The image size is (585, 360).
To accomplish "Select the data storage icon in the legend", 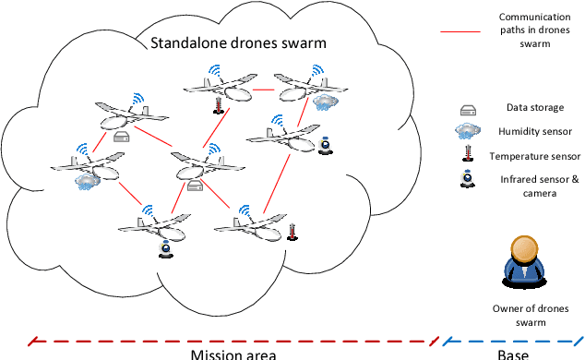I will (468, 109).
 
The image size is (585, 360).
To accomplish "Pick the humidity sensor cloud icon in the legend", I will (468, 131).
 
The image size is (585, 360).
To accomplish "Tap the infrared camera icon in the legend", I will (468, 180).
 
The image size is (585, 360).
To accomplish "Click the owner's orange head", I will (524, 249).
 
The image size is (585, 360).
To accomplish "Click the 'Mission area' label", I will (233, 352).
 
